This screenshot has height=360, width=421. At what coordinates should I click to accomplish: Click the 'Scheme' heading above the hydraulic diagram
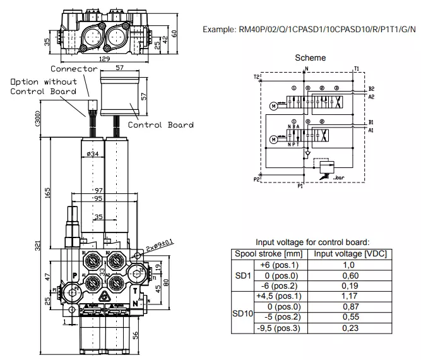pyautogui.click(x=311, y=57)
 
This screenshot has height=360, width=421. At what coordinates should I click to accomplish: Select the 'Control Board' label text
pyautogui.click(x=160, y=124)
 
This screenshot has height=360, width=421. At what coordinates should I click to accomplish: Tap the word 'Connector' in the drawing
pyautogui.click(x=74, y=68)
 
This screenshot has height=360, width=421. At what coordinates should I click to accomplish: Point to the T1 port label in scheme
pyautogui.click(x=357, y=68)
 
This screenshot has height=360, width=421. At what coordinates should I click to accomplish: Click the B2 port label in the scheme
pyautogui.click(x=372, y=88)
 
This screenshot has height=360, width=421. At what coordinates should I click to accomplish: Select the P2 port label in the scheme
pyautogui.click(x=257, y=179)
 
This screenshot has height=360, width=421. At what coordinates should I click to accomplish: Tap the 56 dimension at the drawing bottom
pyautogui.click(x=134, y=335)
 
